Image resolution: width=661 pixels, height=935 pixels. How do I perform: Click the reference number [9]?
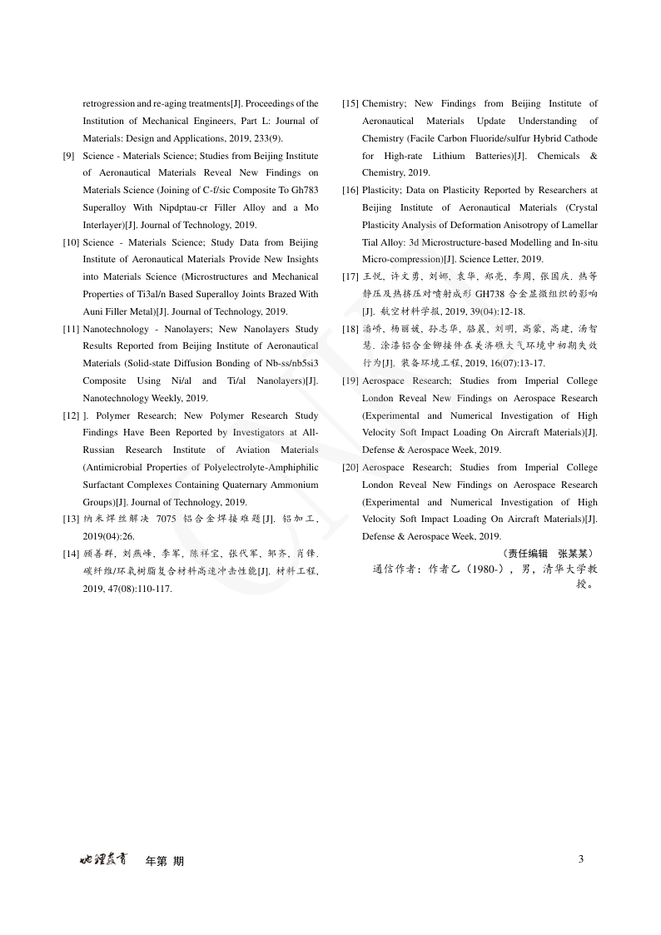[x=69, y=156]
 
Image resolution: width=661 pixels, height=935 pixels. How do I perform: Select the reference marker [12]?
[x=72, y=415]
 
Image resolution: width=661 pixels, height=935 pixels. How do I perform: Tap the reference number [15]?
[x=350, y=104]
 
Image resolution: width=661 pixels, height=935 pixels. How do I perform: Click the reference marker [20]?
[x=350, y=468]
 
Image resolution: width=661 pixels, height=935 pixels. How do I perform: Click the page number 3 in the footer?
[x=581, y=859]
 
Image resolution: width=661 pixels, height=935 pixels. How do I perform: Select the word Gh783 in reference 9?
[x=306, y=191]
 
